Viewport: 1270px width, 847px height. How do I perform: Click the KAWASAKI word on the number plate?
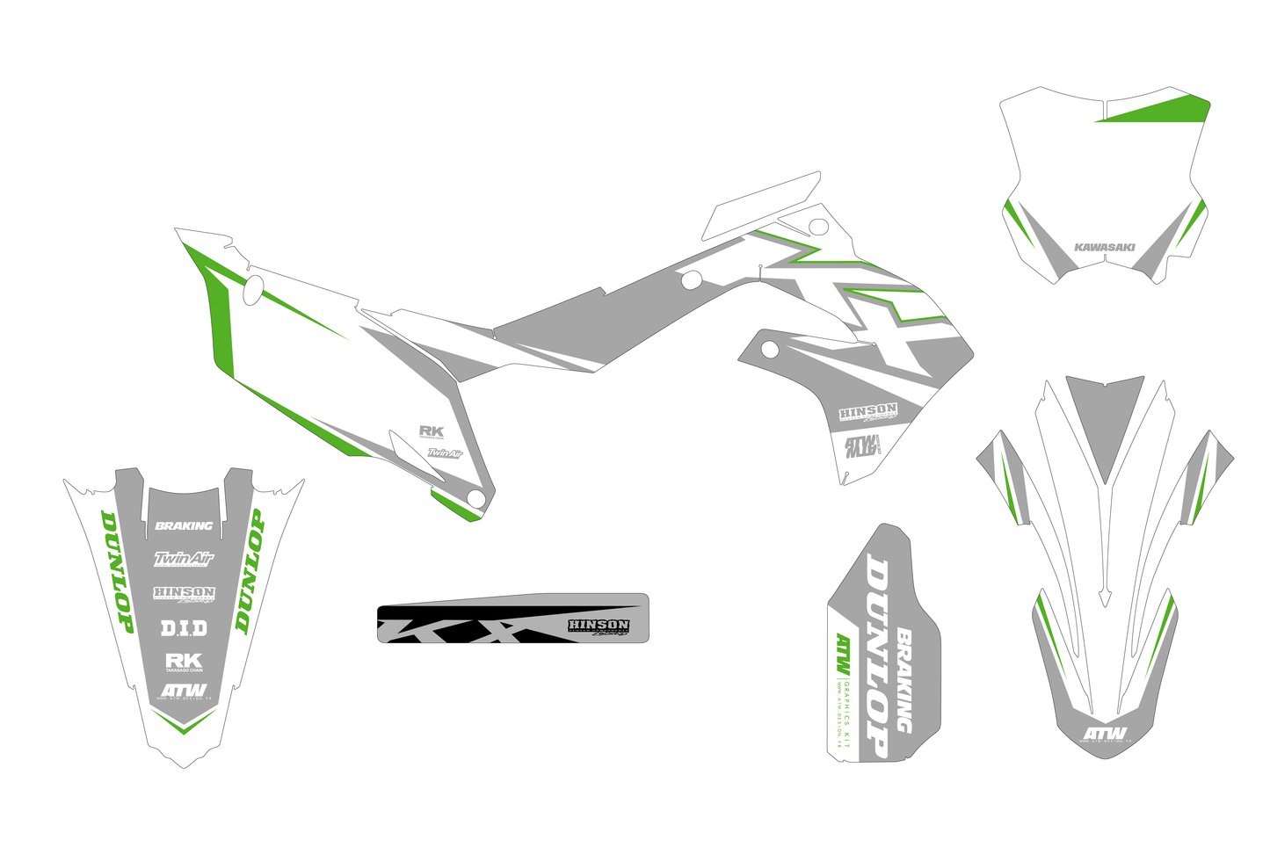(1104, 247)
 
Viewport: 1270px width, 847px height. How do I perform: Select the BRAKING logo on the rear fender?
(184, 525)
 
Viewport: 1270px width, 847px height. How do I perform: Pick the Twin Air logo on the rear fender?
(184, 558)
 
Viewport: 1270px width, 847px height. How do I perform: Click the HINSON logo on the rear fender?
(184, 594)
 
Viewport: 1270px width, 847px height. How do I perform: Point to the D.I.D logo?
(184, 628)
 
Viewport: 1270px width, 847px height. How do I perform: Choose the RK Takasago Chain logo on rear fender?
(184, 661)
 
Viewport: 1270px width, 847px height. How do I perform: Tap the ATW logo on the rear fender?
(184, 691)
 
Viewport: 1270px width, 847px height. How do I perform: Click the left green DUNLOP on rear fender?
(117, 571)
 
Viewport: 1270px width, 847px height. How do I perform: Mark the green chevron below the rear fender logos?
(183, 722)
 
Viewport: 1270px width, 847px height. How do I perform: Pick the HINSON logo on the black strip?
(599, 626)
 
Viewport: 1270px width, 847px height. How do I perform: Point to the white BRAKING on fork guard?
(904, 681)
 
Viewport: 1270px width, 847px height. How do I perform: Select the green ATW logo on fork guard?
(843, 655)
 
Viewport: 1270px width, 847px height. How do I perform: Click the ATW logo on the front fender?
(1104, 733)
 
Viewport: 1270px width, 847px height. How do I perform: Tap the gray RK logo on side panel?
(431, 431)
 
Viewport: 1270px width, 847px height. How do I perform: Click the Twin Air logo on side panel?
(445, 453)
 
